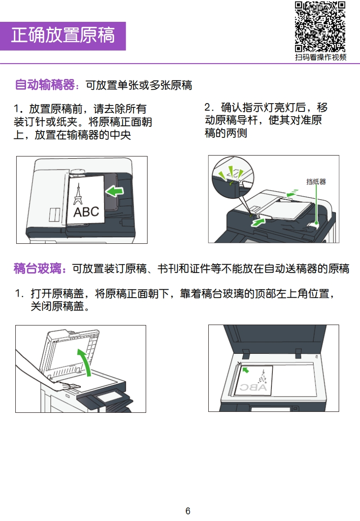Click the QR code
coord(320,27)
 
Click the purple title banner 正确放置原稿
coord(63,36)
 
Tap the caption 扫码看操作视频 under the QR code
coord(321,57)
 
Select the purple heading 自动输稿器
coord(45,85)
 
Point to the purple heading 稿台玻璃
coord(38,268)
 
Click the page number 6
coord(187,511)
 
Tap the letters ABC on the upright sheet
coord(86,212)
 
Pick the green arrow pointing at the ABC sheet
coord(115,191)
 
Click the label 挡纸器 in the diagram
coord(316,182)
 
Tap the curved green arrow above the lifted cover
coord(85,362)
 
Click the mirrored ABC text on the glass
coord(253,387)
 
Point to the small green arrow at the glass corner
coord(246,370)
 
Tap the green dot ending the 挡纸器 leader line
coord(316,223)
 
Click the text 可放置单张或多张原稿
coord(139,85)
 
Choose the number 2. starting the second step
coord(209,107)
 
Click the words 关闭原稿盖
coord(57,306)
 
